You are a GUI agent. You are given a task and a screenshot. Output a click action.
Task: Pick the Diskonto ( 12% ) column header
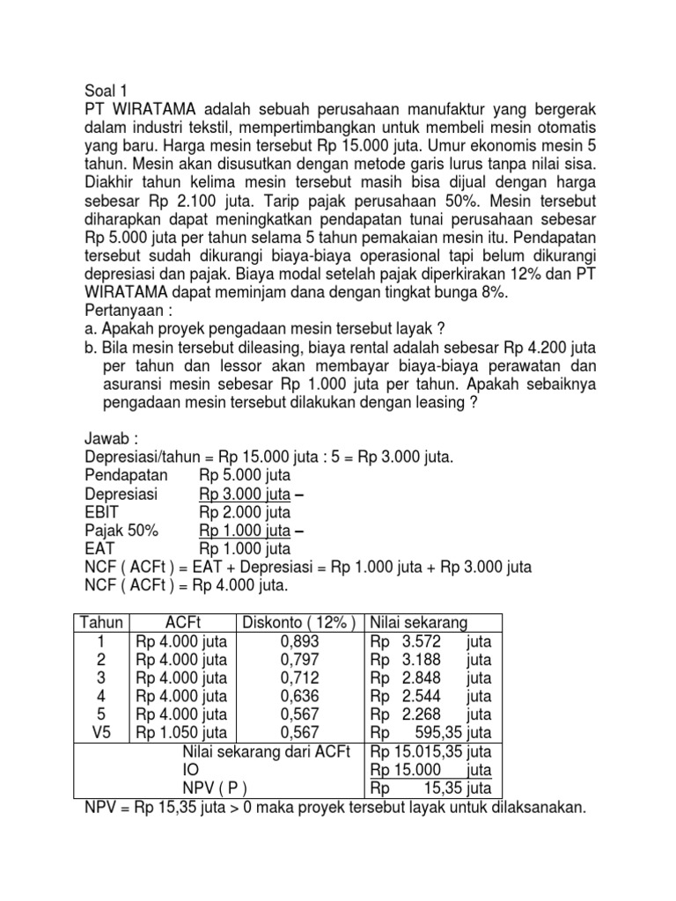(x=302, y=623)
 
